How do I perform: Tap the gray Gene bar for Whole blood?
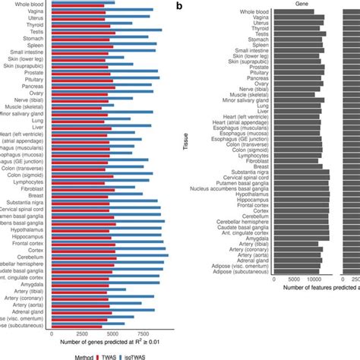(297, 11)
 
